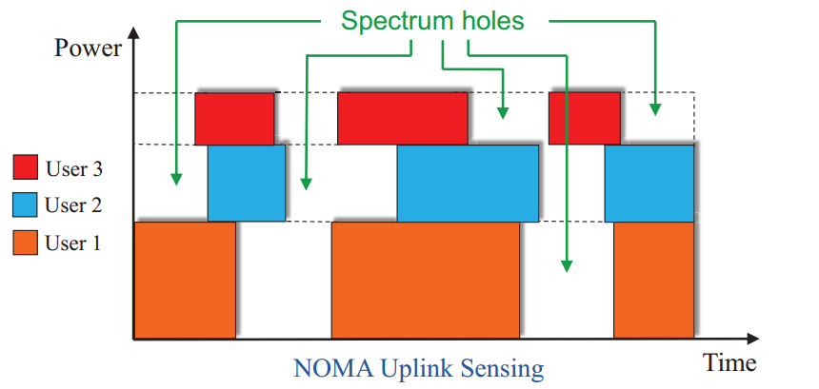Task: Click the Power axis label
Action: pyautogui.click(x=88, y=48)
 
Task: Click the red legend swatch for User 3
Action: pyautogui.click(x=25, y=169)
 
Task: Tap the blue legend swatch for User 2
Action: pyautogui.click(x=25, y=205)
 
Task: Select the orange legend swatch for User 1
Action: pyautogui.click(x=25, y=243)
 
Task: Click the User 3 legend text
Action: pyautogui.click(x=73, y=170)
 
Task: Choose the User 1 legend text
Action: pyautogui.click(x=73, y=244)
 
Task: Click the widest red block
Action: pyautogui.click(x=403, y=118)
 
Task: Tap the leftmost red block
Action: pyautogui.click(x=234, y=118)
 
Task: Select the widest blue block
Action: pyautogui.click(x=468, y=183)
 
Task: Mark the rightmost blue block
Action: pyautogui.click(x=649, y=183)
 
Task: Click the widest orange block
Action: pyautogui.click(x=425, y=280)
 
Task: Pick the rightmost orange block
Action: pyautogui.click(x=652, y=280)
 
